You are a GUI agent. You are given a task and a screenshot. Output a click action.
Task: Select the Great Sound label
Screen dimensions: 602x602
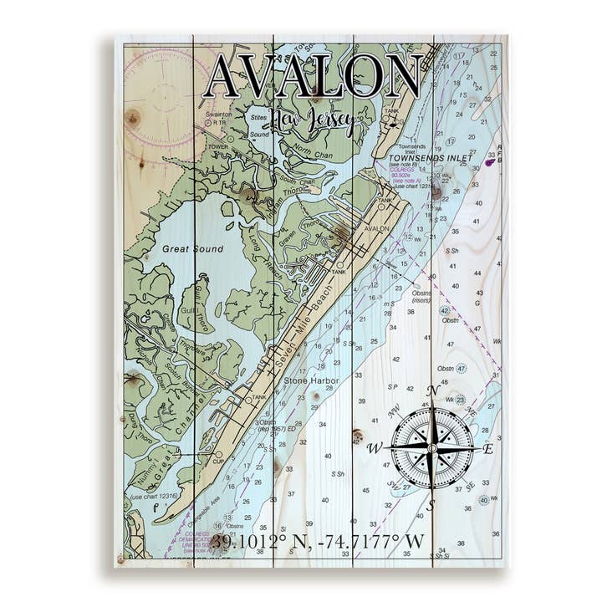[x=193, y=249]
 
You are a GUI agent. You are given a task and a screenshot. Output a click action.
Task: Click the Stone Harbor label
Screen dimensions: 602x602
[x=311, y=381]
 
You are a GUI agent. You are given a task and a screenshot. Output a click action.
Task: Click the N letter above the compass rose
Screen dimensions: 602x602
[x=432, y=390]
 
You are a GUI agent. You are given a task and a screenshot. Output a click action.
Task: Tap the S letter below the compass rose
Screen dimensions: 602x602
[x=431, y=505]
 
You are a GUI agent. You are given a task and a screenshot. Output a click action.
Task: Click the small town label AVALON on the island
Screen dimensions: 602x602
[x=378, y=227]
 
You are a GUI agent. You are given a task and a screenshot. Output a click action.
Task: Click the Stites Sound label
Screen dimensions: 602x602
[x=259, y=125]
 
